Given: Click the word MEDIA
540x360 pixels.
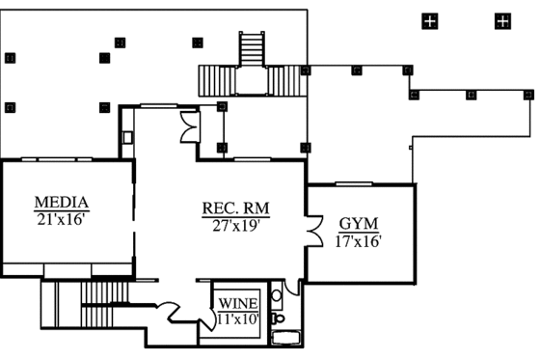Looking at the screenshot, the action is click(62, 203).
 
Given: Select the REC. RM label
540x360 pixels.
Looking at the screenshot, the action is click(234, 208).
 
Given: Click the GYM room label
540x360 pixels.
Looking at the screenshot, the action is click(358, 224).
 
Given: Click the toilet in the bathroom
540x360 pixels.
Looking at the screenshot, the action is click(278, 317).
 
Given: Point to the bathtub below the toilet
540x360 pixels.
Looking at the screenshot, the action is click(284, 337).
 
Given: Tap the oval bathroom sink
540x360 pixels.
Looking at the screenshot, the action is click(277, 295).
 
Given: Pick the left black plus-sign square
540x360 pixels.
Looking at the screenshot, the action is click(429, 20).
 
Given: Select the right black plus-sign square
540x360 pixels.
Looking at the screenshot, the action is click(501, 20).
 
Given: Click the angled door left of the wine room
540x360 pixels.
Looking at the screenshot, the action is click(170, 311).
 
